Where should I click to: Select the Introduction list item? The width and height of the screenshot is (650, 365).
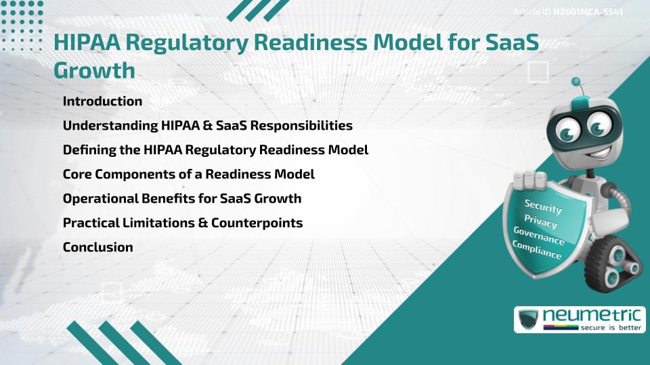pos(102,101)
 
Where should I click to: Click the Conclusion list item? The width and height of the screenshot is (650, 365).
pos(97,247)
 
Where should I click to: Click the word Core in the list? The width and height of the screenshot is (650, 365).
pos(77,174)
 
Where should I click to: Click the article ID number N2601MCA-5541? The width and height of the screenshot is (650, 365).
pos(588,12)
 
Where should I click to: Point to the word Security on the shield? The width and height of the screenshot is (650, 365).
pos(543,205)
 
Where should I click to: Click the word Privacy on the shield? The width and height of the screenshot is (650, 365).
pos(540,222)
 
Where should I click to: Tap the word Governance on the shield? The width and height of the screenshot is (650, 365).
pos(538,237)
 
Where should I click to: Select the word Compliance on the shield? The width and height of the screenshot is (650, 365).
pos(537,251)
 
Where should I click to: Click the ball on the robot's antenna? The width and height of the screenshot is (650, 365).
pos(576,82)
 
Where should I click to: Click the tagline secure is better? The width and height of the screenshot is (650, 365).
pos(609,328)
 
